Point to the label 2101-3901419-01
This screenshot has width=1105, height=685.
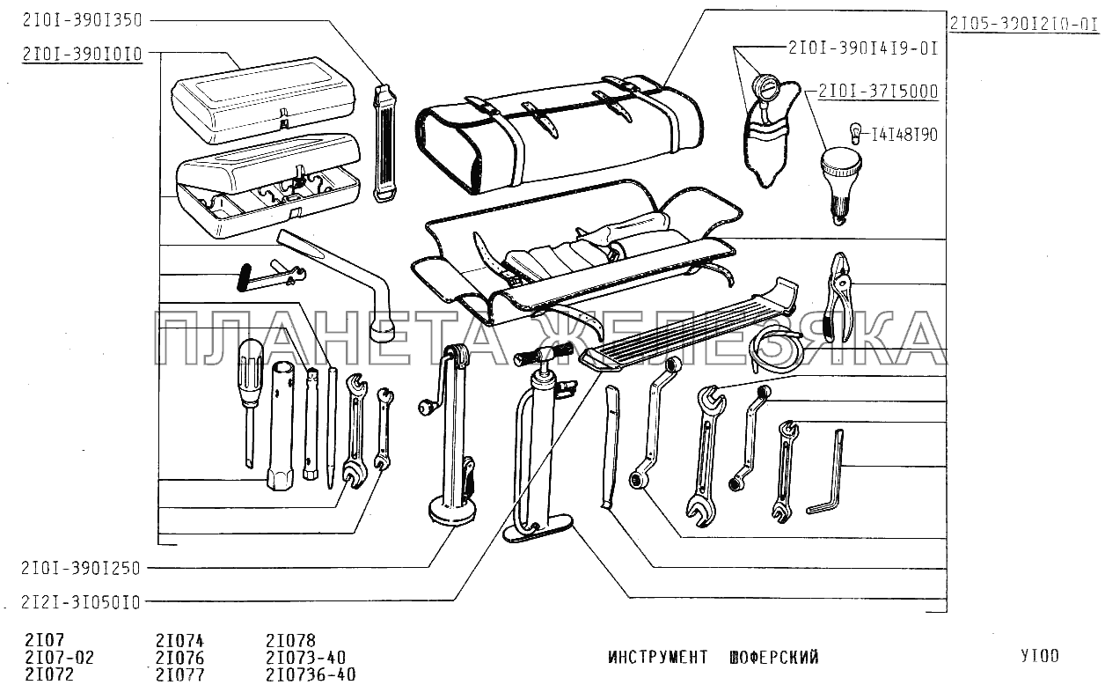863,48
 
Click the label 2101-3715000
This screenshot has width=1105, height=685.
877,91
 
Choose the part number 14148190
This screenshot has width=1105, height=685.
904,135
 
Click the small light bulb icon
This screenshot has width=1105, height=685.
852,131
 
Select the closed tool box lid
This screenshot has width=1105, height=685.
263,96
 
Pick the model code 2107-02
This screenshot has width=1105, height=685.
60,658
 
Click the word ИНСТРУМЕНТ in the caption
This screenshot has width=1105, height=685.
657,657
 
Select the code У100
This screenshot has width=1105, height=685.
1040,656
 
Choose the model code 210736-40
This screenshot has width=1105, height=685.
311,674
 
